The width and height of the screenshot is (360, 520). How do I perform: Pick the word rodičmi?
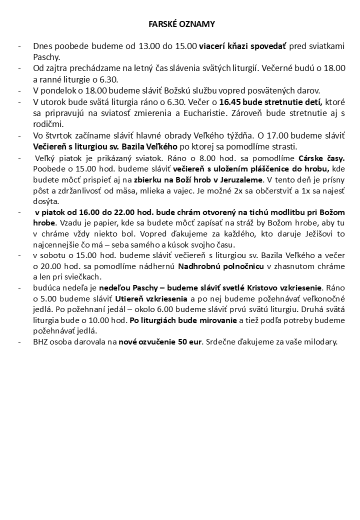[x=49, y=124]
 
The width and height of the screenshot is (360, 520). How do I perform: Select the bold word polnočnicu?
[x=243, y=266]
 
